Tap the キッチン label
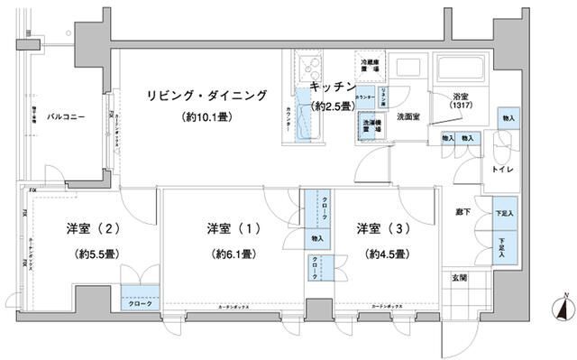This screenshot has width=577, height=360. click(332, 87)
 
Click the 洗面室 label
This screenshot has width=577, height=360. click(409, 117)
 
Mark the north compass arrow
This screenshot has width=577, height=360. click(564, 309)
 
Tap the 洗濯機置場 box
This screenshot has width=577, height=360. click(370, 126)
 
